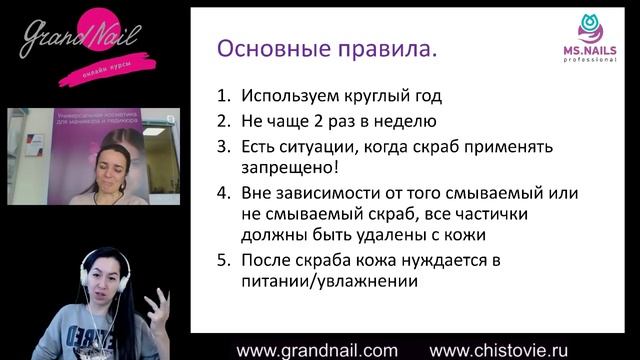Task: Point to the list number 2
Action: pos(223,121)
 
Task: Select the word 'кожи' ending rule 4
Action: pos(464,235)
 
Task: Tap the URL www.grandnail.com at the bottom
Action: pos(316,350)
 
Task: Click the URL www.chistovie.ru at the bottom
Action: pos(512,350)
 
